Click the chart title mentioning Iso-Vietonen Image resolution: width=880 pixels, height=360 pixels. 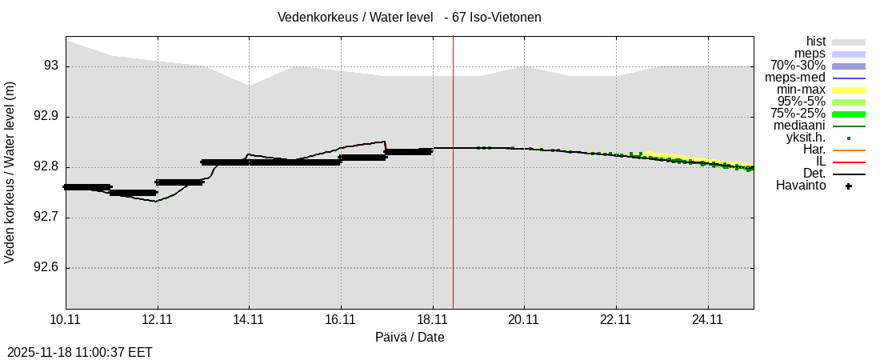409,17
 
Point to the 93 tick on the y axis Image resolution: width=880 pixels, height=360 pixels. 50,66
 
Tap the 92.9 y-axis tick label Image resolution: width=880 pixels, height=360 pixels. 46,117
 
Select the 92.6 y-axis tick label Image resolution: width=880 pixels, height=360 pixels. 46,268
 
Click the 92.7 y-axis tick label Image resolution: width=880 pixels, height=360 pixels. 46,218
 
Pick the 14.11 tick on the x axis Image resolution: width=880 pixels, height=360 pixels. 249,320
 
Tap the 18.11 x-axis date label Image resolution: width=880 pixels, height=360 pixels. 432,320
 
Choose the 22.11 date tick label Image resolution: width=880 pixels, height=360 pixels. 615,320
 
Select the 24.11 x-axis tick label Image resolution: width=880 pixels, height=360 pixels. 707,320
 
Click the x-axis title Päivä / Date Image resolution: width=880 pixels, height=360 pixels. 410,338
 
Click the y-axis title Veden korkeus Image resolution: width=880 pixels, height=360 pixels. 10,172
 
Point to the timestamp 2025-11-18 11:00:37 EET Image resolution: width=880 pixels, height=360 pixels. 80,352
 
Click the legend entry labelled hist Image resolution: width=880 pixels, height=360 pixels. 815,42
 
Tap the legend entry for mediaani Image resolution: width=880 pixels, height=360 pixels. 799,126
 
